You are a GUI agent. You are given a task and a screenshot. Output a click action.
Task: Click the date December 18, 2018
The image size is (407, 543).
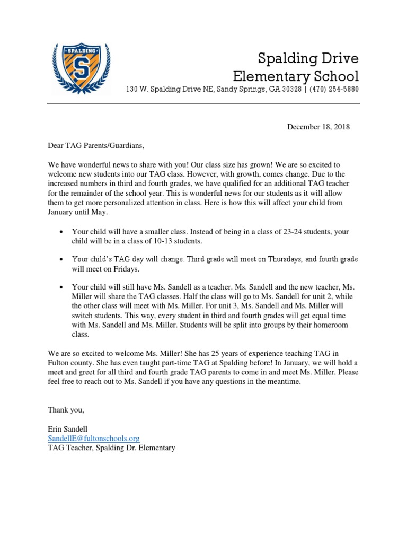[318, 127]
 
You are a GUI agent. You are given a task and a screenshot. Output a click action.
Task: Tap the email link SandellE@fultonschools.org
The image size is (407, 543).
[94, 438]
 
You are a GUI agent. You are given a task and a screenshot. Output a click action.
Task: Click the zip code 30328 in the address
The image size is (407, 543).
[293, 89]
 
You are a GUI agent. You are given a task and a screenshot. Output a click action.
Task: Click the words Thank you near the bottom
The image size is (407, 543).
[66, 410]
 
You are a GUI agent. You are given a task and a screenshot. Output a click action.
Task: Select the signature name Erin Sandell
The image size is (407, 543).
[69, 428]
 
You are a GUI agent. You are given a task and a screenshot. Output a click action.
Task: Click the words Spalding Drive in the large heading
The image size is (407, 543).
[308, 57]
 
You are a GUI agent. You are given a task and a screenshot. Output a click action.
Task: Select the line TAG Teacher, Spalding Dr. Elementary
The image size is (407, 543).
[111, 448]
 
